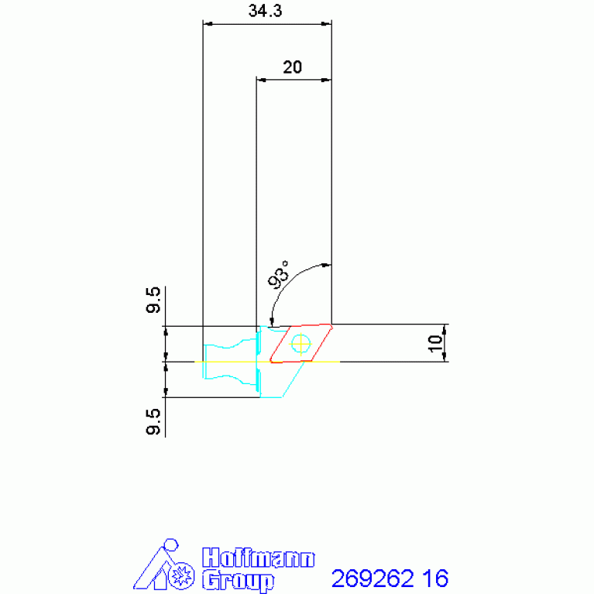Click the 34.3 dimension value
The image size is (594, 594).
[265, 11]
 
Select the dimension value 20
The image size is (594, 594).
[293, 67]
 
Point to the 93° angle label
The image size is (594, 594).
[278, 275]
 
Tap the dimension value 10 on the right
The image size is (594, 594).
[435, 343]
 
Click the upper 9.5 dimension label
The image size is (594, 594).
[153, 300]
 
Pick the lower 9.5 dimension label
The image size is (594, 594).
[153, 421]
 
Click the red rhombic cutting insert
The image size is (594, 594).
[301, 343]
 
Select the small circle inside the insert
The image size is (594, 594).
[300, 344]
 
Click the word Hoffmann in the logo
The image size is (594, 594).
[259, 558]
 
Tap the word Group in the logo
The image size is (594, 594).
[238, 579]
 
